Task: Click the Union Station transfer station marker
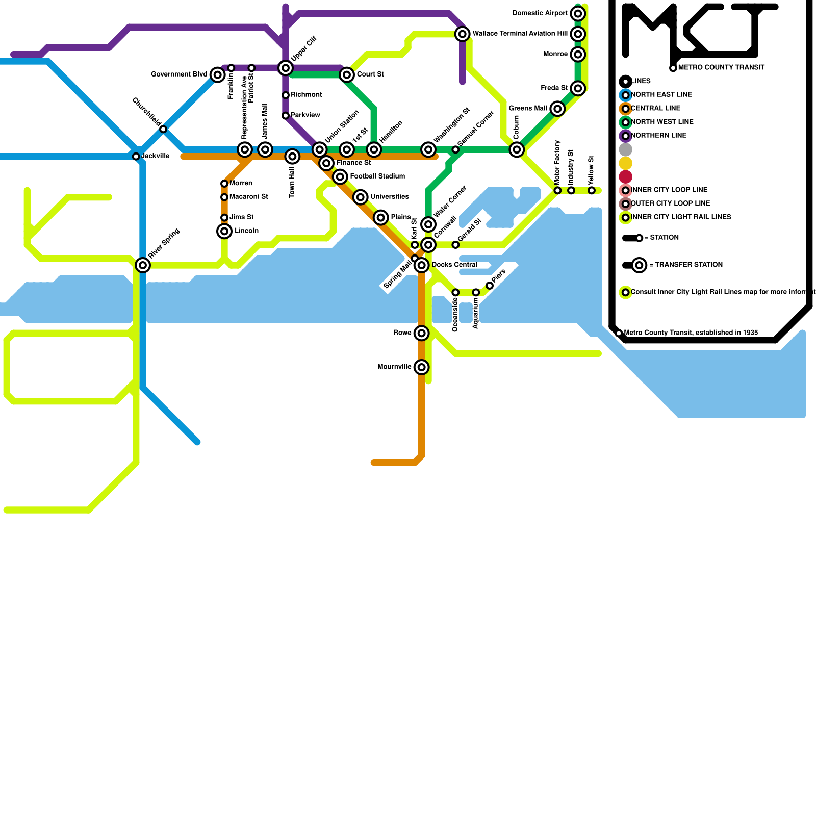320,149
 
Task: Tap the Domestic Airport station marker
578,13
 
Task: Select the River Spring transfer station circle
143,265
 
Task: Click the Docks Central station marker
421,265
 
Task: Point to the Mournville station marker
421,367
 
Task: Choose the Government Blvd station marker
218,75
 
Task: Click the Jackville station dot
136,157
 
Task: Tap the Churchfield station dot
163,129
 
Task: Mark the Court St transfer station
347,75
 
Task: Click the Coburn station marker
517,149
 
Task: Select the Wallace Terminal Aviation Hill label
520,34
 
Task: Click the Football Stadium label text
377,176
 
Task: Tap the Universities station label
390,197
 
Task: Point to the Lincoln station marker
224,231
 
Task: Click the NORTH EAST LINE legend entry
661,95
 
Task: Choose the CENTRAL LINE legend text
655,108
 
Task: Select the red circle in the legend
626,177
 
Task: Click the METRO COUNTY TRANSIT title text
721,67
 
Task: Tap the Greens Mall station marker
557,109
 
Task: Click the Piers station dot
490,286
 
